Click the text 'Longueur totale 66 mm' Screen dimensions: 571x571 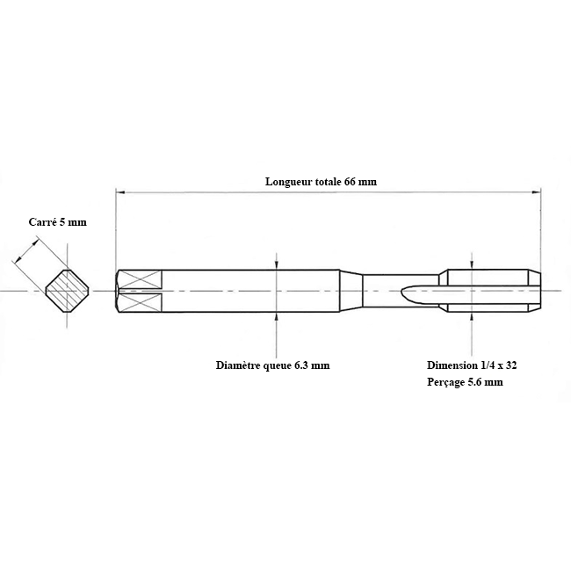click(x=321, y=181)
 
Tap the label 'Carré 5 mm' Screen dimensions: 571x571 click(x=57, y=222)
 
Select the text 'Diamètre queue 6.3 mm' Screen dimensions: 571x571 click(x=272, y=365)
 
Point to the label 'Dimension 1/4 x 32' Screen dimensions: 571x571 click(x=472, y=365)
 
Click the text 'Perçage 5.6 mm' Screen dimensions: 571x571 click(x=465, y=382)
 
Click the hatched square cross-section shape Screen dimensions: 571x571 click(x=67, y=291)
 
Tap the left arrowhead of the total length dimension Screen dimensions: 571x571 click(x=120, y=192)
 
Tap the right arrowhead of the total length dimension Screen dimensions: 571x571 click(x=537, y=192)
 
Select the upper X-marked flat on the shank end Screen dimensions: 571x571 click(x=141, y=279)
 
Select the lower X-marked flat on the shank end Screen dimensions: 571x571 click(x=141, y=302)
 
